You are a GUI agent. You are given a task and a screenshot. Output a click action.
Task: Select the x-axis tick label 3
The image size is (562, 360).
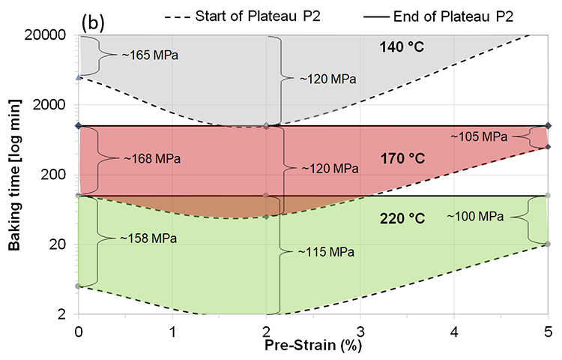pos(360,331)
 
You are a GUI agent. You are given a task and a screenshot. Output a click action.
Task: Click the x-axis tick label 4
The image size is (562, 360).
pos(454,331)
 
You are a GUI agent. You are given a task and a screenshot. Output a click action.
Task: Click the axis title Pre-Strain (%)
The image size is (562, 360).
pos(313,347)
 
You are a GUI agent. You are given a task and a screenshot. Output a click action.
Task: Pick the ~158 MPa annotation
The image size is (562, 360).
pos(148,238)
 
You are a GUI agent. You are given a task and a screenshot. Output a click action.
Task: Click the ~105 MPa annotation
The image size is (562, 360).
pos(479,136)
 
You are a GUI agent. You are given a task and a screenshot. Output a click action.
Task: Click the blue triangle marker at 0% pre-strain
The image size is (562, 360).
pos(79,76)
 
